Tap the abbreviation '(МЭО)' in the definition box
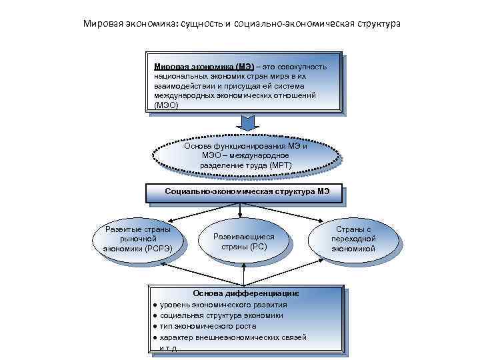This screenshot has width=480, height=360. click(166, 105)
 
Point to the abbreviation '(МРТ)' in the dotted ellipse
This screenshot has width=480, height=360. click(277, 165)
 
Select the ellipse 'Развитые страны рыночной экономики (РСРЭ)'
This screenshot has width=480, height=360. click(138, 239)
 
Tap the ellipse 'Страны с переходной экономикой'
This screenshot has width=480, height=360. click(353, 239)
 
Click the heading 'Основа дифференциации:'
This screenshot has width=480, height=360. click(246, 293)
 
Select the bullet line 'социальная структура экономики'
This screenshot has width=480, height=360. click(221, 315)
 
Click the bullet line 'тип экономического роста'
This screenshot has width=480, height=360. click(207, 327)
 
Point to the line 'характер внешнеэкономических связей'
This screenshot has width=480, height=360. click(233, 338)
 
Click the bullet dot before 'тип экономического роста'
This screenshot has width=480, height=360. click(154, 327)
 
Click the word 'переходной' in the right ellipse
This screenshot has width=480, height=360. click(353, 239)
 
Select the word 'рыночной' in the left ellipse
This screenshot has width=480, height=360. click(138, 239)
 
